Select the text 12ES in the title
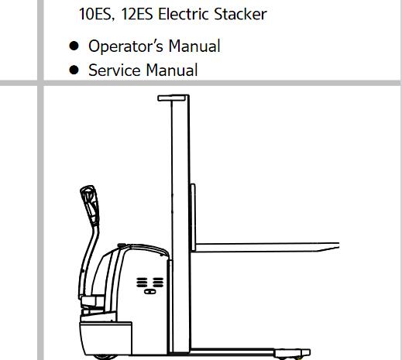pos(137,14)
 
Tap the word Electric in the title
pos(184,14)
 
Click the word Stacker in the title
pos(240,14)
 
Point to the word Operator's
pos(125,46)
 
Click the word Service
pos(115,70)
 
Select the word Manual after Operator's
pos(194,46)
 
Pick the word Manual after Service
pos(172,70)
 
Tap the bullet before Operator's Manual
pos(74,46)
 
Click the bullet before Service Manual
pos(74,70)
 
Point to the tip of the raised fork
pos(338,245)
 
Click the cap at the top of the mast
pos(172,98)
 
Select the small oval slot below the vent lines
pos(149,292)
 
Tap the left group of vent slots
pos(142,283)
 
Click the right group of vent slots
pos(158,283)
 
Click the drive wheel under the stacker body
pos(105,358)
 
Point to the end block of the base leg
pos(292,353)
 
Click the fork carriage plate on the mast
pos(193,218)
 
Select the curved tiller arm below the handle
pos(88,262)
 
